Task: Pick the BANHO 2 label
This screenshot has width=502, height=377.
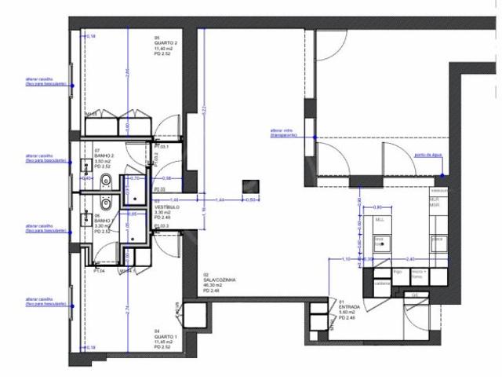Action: (x=104, y=156)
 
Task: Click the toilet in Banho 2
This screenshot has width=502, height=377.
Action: (x=111, y=185)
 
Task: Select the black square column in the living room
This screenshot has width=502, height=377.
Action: (x=251, y=185)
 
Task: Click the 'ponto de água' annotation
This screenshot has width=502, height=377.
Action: (x=429, y=156)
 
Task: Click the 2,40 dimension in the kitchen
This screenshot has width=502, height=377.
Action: (x=410, y=258)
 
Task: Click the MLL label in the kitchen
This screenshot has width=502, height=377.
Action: (x=380, y=219)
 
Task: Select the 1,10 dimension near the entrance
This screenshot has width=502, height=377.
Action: (x=346, y=258)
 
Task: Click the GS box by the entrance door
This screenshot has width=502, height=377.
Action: (x=415, y=296)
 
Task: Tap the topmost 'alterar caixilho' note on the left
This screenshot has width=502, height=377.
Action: (x=45, y=82)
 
